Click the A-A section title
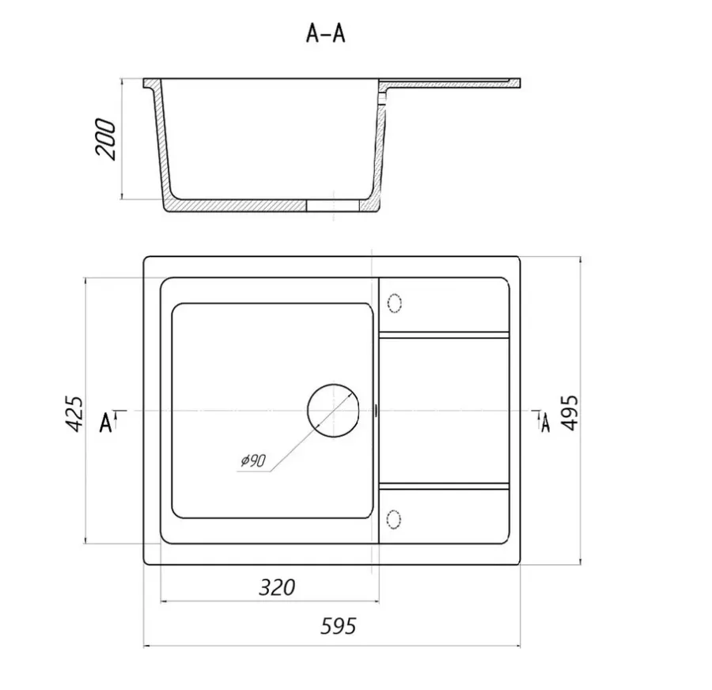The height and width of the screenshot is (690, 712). pyautogui.click(x=326, y=33)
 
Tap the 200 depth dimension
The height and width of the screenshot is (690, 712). pyautogui.click(x=105, y=139)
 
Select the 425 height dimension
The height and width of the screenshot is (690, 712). pyautogui.click(x=74, y=414)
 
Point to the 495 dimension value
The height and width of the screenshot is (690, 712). pyautogui.click(x=570, y=412)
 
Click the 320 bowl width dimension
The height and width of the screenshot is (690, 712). pyautogui.click(x=277, y=587)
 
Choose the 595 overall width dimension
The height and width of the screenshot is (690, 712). pyautogui.click(x=339, y=626)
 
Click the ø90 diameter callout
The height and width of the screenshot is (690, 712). pyautogui.click(x=253, y=461)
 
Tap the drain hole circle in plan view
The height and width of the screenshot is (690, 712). pyautogui.click(x=333, y=411)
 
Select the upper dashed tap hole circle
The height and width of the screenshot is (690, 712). pyautogui.click(x=394, y=303)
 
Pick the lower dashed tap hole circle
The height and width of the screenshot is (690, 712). pyautogui.click(x=394, y=519)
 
